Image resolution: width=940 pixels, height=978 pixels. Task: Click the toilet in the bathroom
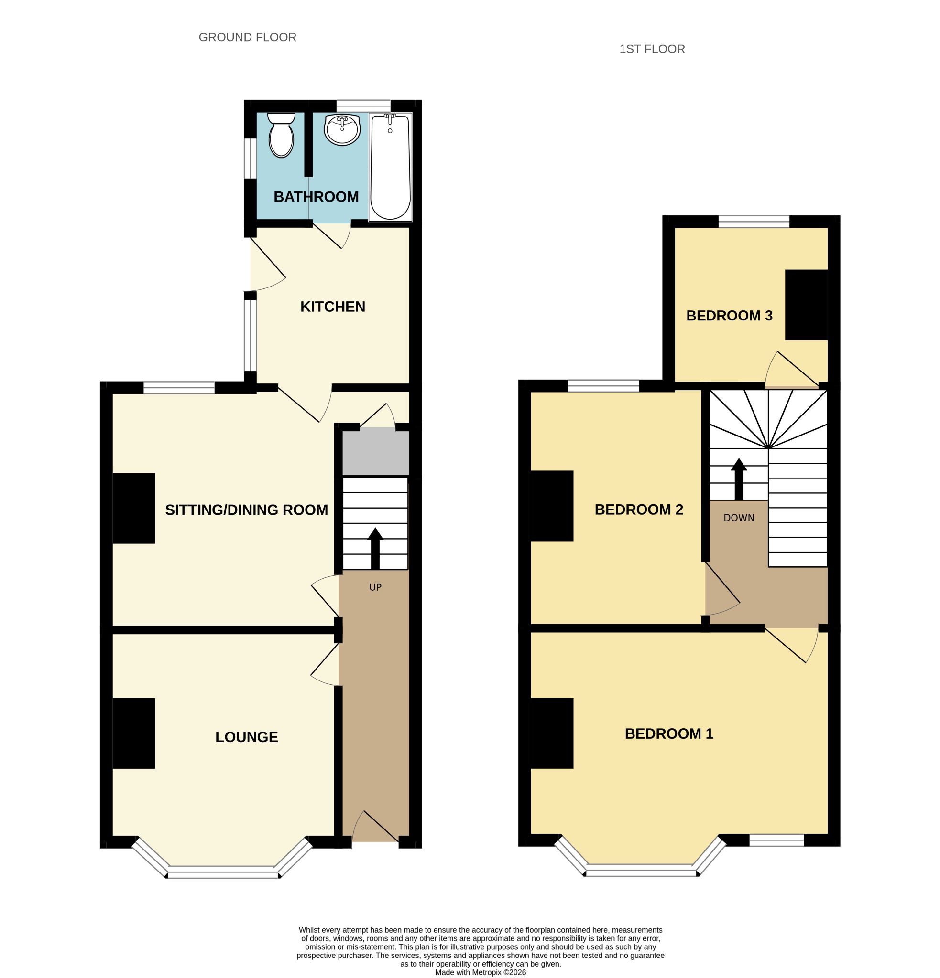pyautogui.click(x=281, y=135)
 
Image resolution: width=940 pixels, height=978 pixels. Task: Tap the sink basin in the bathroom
pyautogui.click(x=342, y=130)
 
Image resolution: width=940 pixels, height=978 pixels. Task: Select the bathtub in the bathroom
pyautogui.click(x=390, y=167)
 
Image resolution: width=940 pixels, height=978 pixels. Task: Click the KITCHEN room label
pyautogui.click(x=333, y=307)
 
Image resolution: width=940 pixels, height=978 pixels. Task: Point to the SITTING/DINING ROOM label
pyautogui.click(x=246, y=510)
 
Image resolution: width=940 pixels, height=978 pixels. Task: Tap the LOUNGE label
pyautogui.click(x=246, y=736)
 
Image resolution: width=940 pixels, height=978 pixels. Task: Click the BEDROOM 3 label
pyautogui.click(x=729, y=315)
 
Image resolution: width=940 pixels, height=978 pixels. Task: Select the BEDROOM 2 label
pyautogui.click(x=639, y=509)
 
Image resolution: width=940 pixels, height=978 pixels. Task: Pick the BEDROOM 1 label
pyautogui.click(x=669, y=733)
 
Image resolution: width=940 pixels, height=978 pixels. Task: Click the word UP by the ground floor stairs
pyautogui.click(x=375, y=587)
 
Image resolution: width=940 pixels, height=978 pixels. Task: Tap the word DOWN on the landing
pyautogui.click(x=739, y=518)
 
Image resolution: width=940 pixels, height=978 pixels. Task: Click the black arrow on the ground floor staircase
pyautogui.click(x=375, y=548)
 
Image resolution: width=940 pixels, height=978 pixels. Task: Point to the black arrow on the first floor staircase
pyautogui.click(x=739, y=479)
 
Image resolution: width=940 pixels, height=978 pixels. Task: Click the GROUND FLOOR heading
pyautogui.click(x=247, y=37)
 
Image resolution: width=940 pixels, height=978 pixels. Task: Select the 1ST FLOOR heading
pyautogui.click(x=652, y=49)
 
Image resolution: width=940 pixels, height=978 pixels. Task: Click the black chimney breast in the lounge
pyautogui.click(x=134, y=733)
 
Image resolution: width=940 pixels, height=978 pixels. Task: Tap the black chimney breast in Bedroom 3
pyautogui.click(x=806, y=305)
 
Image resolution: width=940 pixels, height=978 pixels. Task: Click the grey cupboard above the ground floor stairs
pyautogui.click(x=376, y=453)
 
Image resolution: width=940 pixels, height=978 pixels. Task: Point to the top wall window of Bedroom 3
pyautogui.click(x=754, y=222)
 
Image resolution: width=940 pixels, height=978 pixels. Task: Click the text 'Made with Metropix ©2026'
pyautogui.click(x=481, y=972)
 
